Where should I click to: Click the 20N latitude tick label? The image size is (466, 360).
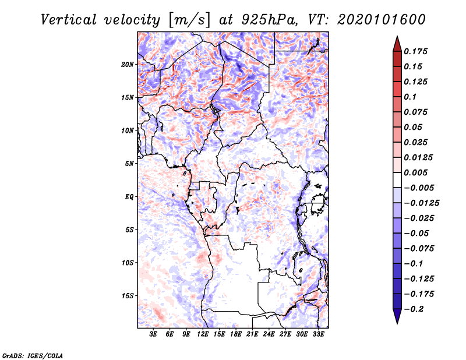pyautogui.click(x=128, y=64)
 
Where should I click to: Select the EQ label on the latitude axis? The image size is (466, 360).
pyautogui.click(x=129, y=196)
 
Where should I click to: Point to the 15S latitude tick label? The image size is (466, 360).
pyautogui.click(x=128, y=295)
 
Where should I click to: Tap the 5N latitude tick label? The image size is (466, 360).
pyautogui.click(x=129, y=163)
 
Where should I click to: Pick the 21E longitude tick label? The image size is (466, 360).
pyautogui.click(x=252, y=334)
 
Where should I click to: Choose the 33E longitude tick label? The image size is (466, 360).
pyautogui.click(x=318, y=334)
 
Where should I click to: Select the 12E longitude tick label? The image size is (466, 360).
pyautogui.click(x=203, y=334)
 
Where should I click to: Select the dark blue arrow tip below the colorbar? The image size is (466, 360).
pyautogui.click(x=397, y=318)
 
